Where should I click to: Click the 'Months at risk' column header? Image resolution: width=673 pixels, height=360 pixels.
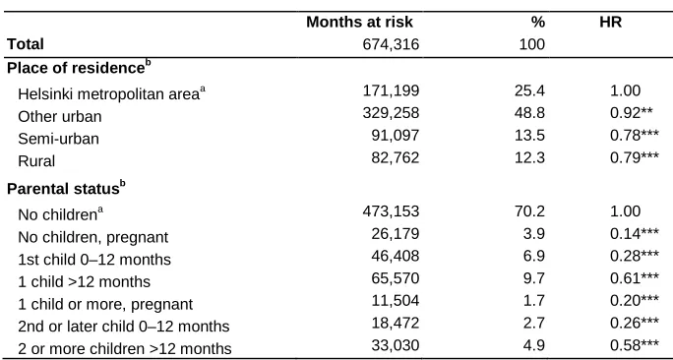360,23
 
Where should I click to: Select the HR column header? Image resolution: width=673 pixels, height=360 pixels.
610,23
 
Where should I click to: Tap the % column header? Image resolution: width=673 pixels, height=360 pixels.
538,23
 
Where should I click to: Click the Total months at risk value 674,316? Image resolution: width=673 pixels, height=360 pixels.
391,44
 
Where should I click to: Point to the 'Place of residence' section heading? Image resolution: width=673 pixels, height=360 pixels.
79,68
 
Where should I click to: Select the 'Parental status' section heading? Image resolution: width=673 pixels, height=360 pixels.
66,189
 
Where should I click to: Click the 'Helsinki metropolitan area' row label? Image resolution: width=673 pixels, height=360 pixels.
112,92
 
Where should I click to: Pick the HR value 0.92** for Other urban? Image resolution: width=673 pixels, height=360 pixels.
632,112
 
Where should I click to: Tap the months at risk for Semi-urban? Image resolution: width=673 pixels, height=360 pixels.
396,135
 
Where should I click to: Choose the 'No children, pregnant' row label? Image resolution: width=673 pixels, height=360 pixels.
93,237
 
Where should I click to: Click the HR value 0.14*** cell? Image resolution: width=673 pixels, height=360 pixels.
635,233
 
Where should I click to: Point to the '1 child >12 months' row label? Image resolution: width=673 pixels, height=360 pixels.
85,281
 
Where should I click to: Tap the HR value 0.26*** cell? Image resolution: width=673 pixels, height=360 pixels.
635,323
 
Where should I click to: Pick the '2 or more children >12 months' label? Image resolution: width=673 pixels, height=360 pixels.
125,348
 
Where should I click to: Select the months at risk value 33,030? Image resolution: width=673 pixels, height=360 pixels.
396,345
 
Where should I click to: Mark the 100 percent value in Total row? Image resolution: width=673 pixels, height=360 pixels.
531,44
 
